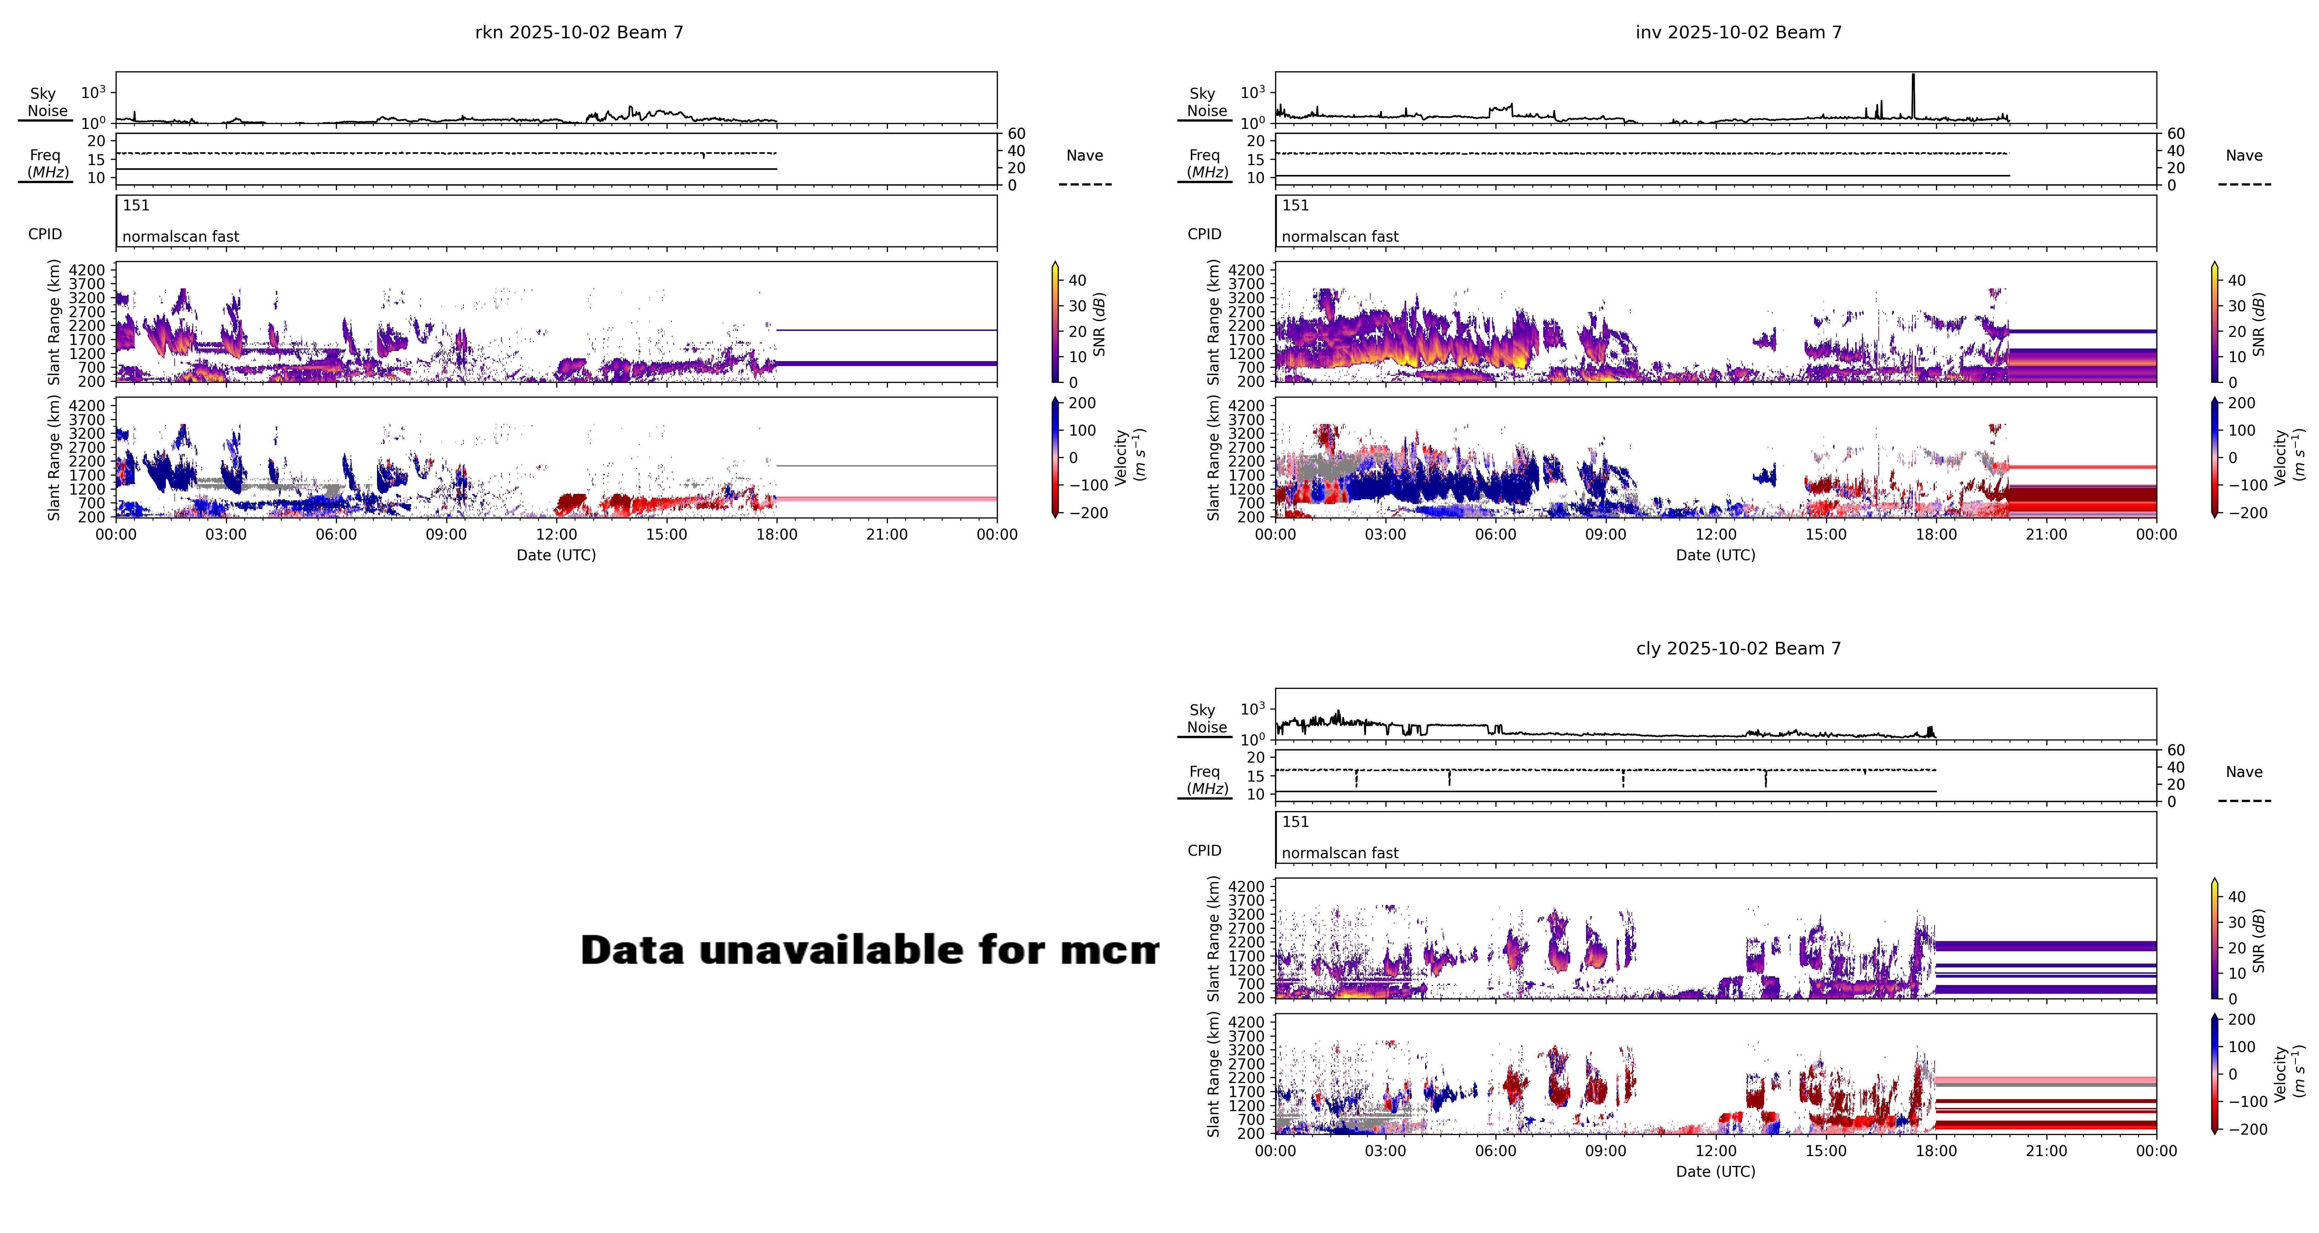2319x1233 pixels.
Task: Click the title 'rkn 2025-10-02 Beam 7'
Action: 579,32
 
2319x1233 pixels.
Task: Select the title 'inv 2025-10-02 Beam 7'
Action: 1738,32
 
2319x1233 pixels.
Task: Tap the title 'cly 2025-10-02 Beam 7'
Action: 1738,649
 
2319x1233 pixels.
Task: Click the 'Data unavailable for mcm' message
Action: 869,951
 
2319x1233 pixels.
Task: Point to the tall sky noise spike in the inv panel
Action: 1913,90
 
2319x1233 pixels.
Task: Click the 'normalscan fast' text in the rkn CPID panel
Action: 181,237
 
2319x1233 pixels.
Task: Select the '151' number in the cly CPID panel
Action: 1295,822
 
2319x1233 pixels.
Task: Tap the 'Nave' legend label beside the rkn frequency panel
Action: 1085,156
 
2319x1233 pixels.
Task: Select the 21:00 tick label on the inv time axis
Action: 2046,535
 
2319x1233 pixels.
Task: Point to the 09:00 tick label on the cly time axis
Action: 1606,1151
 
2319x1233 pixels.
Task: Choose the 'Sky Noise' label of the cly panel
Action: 1206,718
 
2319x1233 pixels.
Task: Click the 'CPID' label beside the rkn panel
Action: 45,234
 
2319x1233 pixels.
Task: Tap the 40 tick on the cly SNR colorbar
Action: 2237,896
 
